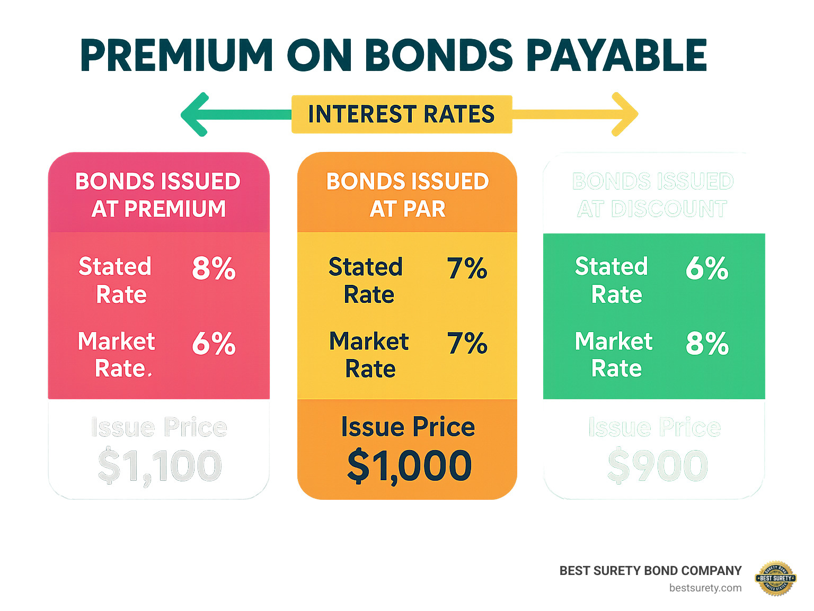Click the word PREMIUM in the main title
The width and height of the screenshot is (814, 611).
pyautogui.click(x=176, y=56)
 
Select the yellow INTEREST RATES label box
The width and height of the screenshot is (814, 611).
pyautogui.click(x=402, y=114)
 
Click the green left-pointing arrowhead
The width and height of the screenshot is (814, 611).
pyautogui.click(x=195, y=114)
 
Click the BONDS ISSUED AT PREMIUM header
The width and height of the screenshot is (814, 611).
pyautogui.click(x=158, y=195)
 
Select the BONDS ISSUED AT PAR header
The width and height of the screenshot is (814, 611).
pyautogui.click(x=407, y=195)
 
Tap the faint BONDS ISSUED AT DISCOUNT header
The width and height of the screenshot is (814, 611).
pyautogui.click(x=653, y=195)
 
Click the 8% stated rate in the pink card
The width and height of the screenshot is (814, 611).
pyautogui.click(x=214, y=268)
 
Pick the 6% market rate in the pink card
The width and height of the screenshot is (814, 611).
pyautogui.click(x=214, y=344)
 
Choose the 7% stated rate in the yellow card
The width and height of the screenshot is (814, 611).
pyautogui.click(x=467, y=268)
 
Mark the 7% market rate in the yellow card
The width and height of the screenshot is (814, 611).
pyautogui.click(x=467, y=344)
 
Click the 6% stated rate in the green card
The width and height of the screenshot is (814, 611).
pyautogui.click(x=707, y=268)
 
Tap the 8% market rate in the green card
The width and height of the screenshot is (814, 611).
pyautogui.click(x=707, y=344)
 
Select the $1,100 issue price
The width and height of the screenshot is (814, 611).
pyautogui.click(x=160, y=466)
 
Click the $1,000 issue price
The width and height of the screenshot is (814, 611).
pyautogui.click(x=409, y=466)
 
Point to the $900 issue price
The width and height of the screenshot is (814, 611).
pyautogui.click(x=657, y=466)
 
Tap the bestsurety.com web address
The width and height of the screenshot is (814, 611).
pyautogui.click(x=705, y=588)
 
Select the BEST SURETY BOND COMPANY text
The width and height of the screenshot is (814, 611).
pyautogui.click(x=650, y=571)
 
